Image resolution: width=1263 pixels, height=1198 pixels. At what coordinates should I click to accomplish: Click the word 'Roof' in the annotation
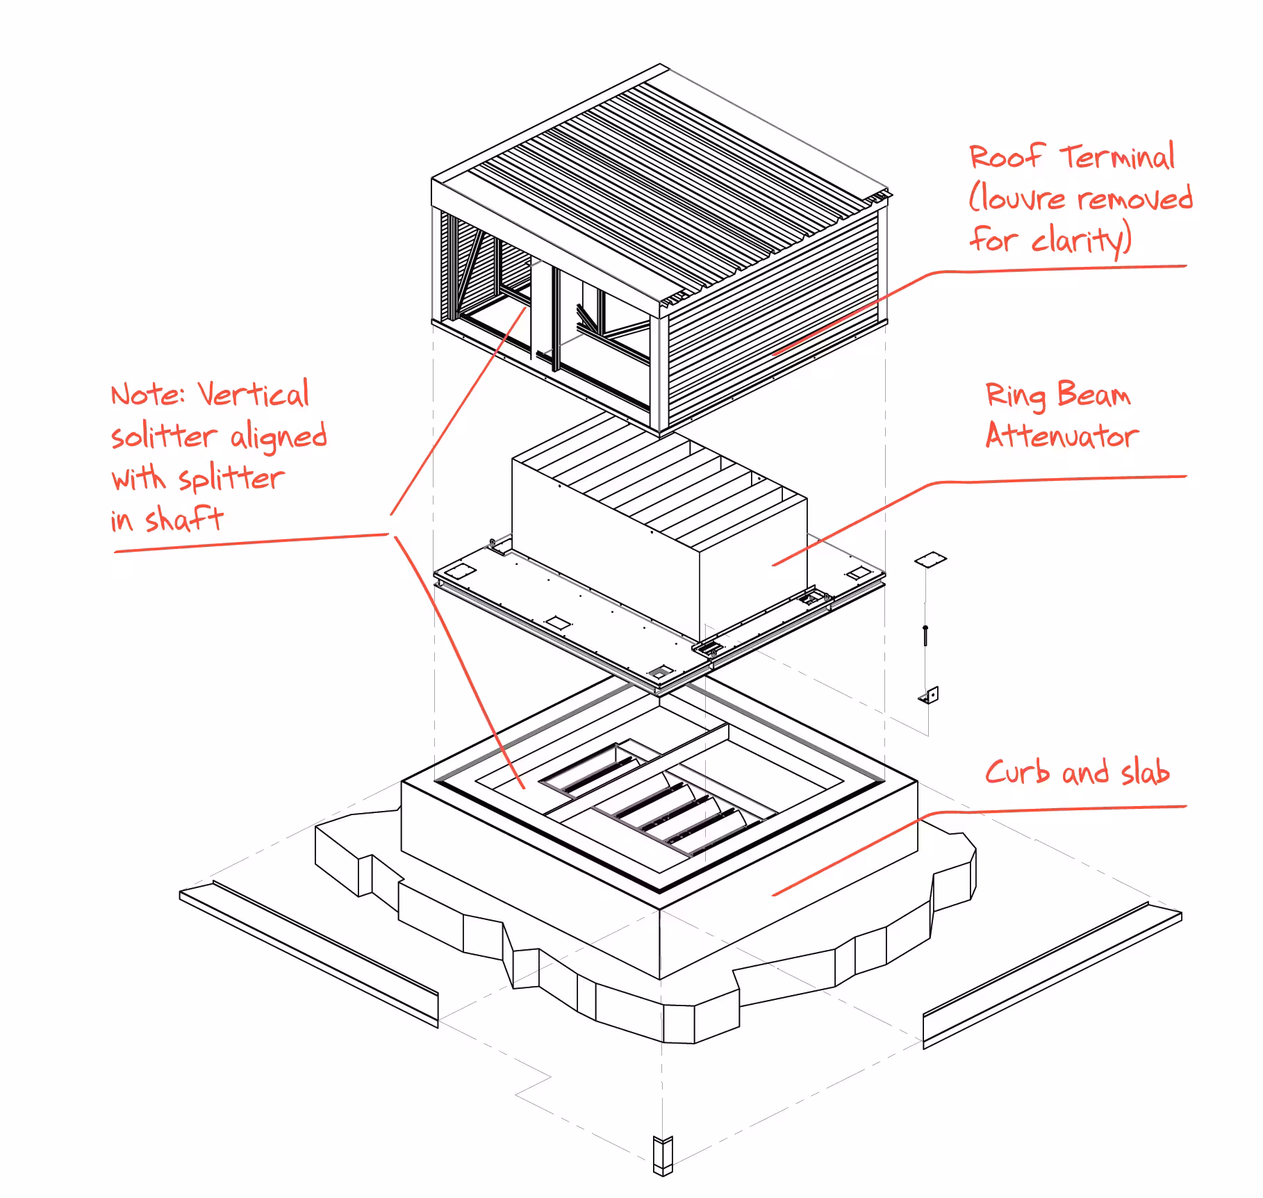tap(1007, 156)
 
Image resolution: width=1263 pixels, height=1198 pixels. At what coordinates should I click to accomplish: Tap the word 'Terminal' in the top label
tap(1117, 156)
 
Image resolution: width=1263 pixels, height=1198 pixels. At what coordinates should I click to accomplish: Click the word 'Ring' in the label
tap(1016, 395)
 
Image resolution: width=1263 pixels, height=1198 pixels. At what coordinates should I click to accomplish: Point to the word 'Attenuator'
tap(1062, 436)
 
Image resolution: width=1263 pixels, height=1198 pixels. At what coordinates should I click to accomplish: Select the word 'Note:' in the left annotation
tap(148, 395)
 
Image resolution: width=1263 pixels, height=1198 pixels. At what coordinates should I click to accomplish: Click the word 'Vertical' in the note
tap(254, 394)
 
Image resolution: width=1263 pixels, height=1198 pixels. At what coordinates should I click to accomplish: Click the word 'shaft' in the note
tap(184, 519)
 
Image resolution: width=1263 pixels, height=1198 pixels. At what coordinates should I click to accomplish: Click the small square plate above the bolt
tap(930, 559)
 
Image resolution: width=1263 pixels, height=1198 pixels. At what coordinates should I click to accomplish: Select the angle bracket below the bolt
tap(930, 695)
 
